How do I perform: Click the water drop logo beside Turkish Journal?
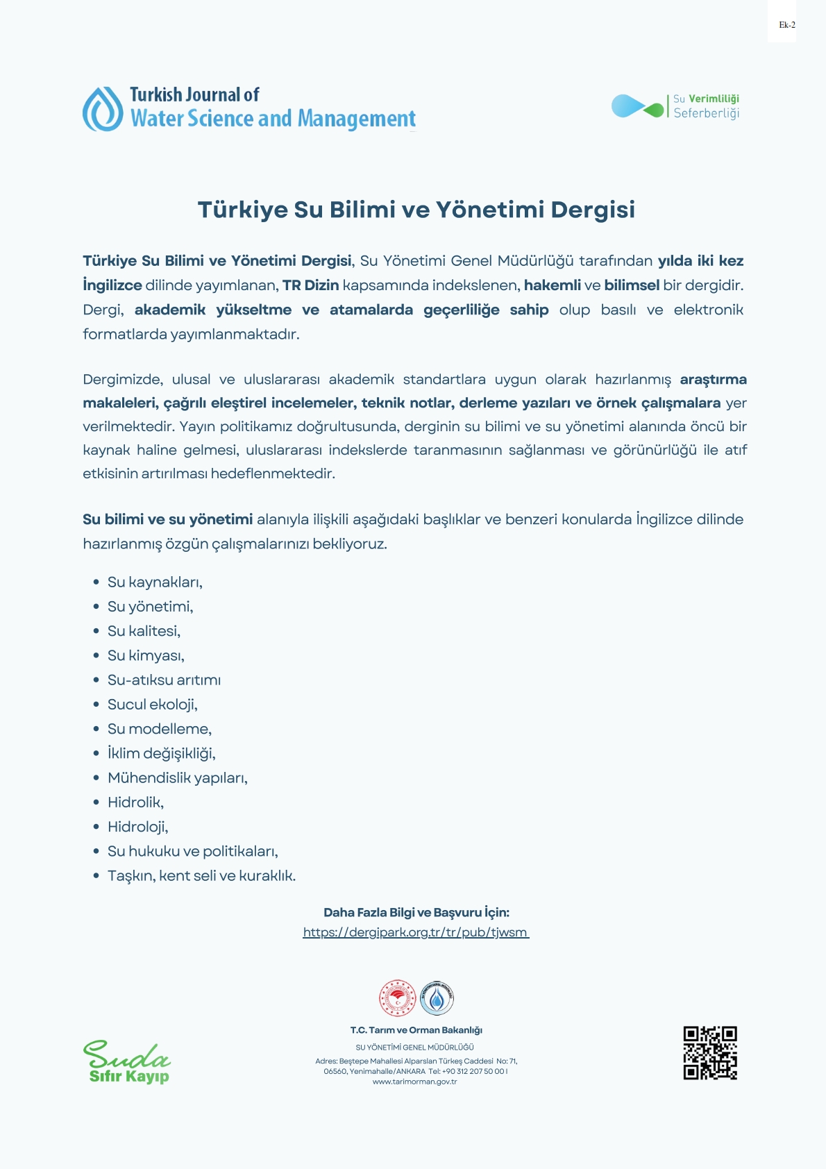pyautogui.click(x=103, y=110)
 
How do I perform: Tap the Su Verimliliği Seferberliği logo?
pyautogui.click(x=675, y=107)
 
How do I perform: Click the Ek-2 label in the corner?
pyautogui.click(x=786, y=25)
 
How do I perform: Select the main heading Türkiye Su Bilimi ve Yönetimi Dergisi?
pyautogui.click(x=416, y=210)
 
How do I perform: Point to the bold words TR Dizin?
pyautogui.click(x=310, y=285)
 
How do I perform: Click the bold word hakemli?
pyautogui.click(x=552, y=285)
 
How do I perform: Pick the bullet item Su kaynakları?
pyautogui.click(x=155, y=582)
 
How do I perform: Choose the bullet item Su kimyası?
pyautogui.click(x=146, y=656)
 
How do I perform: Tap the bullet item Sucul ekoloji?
pyautogui.click(x=153, y=705)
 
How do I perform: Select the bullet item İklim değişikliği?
pyautogui.click(x=162, y=754)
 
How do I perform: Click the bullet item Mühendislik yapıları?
pyautogui.click(x=178, y=778)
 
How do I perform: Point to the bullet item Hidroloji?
pyautogui.click(x=138, y=827)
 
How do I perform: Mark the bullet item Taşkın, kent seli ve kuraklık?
pyautogui.click(x=201, y=876)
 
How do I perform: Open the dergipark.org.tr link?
pyautogui.click(x=416, y=932)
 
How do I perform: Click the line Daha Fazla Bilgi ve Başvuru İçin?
pyautogui.click(x=416, y=912)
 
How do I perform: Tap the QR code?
pyautogui.click(x=709, y=1053)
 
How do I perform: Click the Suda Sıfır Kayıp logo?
pyautogui.click(x=127, y=1062)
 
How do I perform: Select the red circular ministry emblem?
pyautogui.click(x=397, y=998)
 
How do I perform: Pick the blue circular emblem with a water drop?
pyautogui.click(x=437, y=998)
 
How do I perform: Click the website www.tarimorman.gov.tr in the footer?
pyautogui.click(x=414, y=1082)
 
